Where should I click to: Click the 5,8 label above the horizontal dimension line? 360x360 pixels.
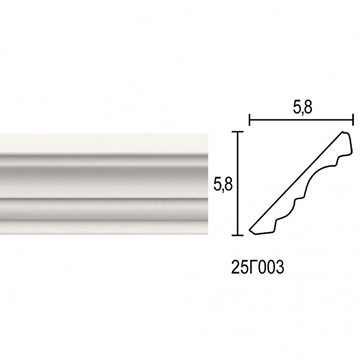coord(303,108)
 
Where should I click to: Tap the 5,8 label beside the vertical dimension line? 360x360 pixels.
coord(223,184)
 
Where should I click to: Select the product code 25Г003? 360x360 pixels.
coord(258,267)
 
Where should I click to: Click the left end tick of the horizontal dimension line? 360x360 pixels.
coord(250,119)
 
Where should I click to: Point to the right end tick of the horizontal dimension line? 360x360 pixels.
coord(353,119)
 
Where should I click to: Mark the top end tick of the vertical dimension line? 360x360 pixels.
coord(237,132)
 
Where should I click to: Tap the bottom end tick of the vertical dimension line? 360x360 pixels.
coord(237,235)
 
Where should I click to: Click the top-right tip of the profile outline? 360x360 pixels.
coord(343,132)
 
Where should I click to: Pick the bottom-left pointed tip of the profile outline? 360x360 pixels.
coord(250,229)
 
